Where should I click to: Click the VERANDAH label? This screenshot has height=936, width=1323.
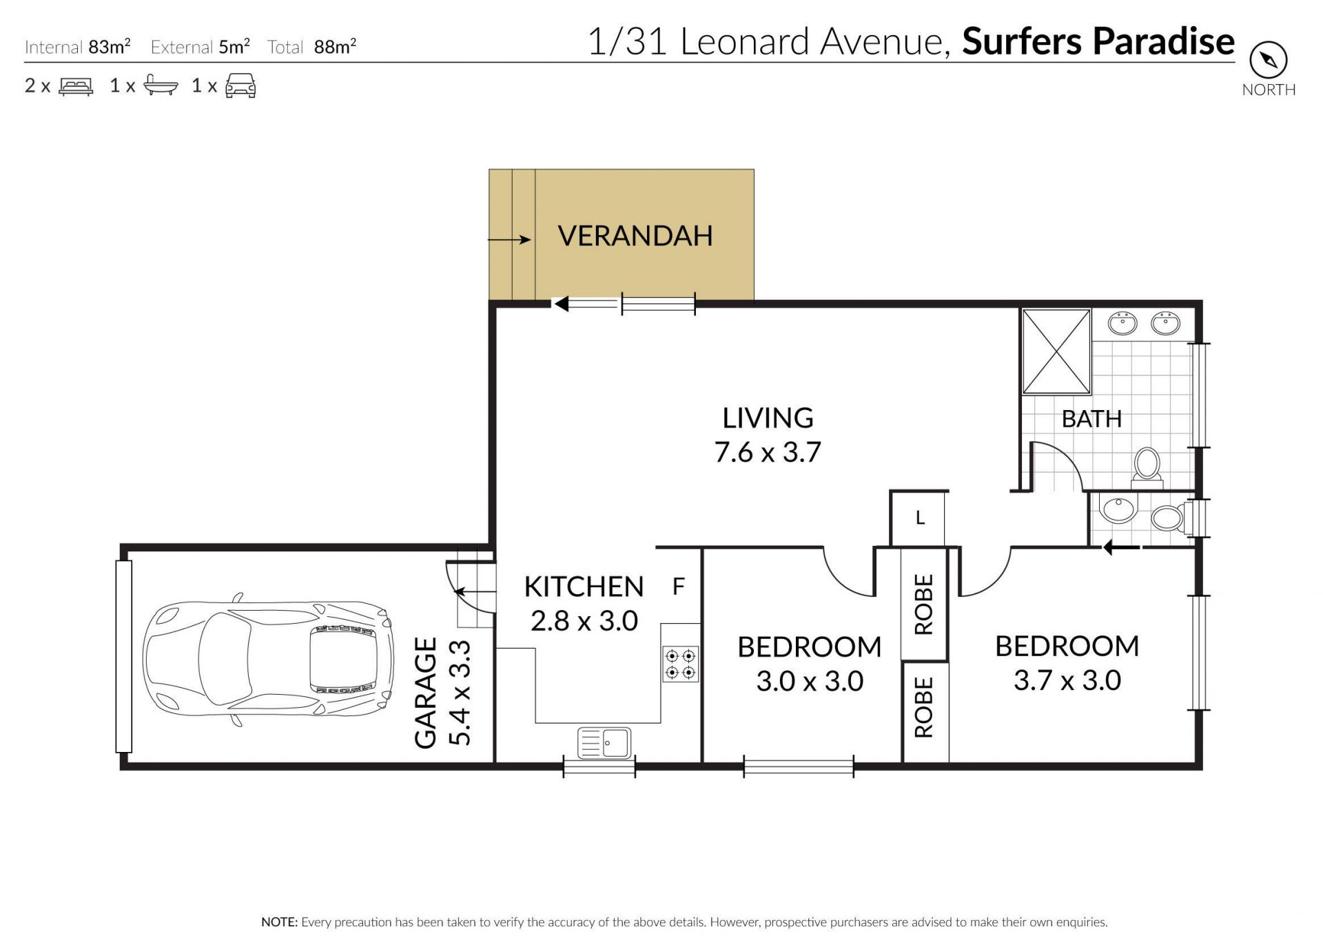click(635, 236)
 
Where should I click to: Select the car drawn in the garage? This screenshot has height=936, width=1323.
click(268, 658)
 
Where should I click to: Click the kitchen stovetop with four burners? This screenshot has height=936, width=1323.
click(681, 664)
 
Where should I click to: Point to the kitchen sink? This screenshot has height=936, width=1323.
click(604, 743)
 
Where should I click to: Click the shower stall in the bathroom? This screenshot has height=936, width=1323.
click(1056, 352)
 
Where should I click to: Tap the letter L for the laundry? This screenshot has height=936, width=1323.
click(920, 518)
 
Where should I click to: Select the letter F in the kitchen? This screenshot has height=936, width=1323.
click(679, 587)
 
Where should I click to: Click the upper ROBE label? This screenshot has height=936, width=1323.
click(923, 604)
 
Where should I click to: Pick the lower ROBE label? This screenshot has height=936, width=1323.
click(923, 707)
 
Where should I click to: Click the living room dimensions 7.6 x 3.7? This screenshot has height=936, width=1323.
click(768, 452)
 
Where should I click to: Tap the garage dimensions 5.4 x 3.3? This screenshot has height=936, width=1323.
click(460, 693)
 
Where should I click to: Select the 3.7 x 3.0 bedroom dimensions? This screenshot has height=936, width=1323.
click(1067, 680)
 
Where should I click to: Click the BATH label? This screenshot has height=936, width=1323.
click(1091, 419)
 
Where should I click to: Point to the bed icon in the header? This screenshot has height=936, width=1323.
click(76, 86)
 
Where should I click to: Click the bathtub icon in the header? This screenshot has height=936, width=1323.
click(161, 85)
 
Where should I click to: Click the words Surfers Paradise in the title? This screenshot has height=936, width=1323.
click(1098, 41)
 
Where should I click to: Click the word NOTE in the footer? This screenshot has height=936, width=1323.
click(279, 922)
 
